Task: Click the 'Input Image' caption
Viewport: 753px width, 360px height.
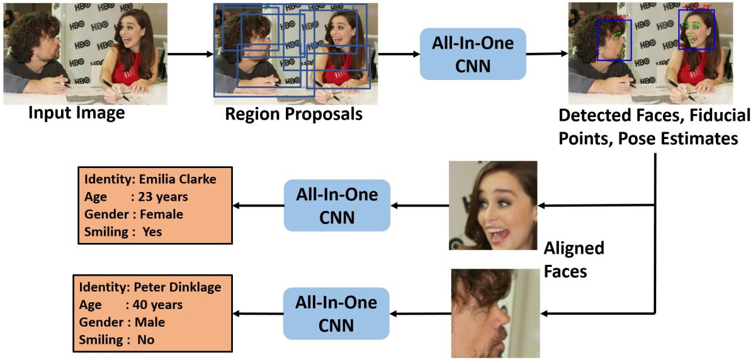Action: point(77,113)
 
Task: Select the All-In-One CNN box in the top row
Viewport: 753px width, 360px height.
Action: point(472,53)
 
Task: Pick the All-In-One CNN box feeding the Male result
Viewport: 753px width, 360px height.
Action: point(336,313)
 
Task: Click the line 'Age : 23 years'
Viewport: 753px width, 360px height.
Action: point(136,197)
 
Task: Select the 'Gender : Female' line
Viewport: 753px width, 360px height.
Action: point(133,215)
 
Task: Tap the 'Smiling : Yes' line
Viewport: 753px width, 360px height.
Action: point(123,232)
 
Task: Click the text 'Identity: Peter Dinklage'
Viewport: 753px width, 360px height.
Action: point(150,288)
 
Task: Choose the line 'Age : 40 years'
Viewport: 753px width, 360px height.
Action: point(131,305)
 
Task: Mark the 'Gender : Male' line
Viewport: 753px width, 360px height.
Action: point(122,322)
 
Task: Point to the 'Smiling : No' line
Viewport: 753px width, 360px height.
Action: point(116,339)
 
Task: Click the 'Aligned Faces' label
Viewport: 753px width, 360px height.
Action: point(574,260)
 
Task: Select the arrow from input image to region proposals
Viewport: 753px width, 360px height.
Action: point(191,53)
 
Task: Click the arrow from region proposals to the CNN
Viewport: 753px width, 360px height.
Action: point(399,53)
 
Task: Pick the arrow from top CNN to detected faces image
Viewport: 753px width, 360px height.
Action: point(546,53)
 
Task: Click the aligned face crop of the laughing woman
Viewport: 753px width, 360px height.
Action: point(492,205)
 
